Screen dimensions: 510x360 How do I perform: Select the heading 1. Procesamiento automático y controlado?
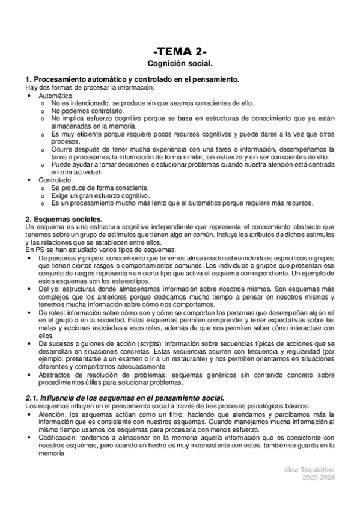133,79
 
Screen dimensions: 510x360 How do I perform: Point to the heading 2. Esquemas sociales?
64,218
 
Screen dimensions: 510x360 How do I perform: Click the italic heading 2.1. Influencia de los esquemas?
125,398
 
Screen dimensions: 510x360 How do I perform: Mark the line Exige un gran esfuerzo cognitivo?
100,195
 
